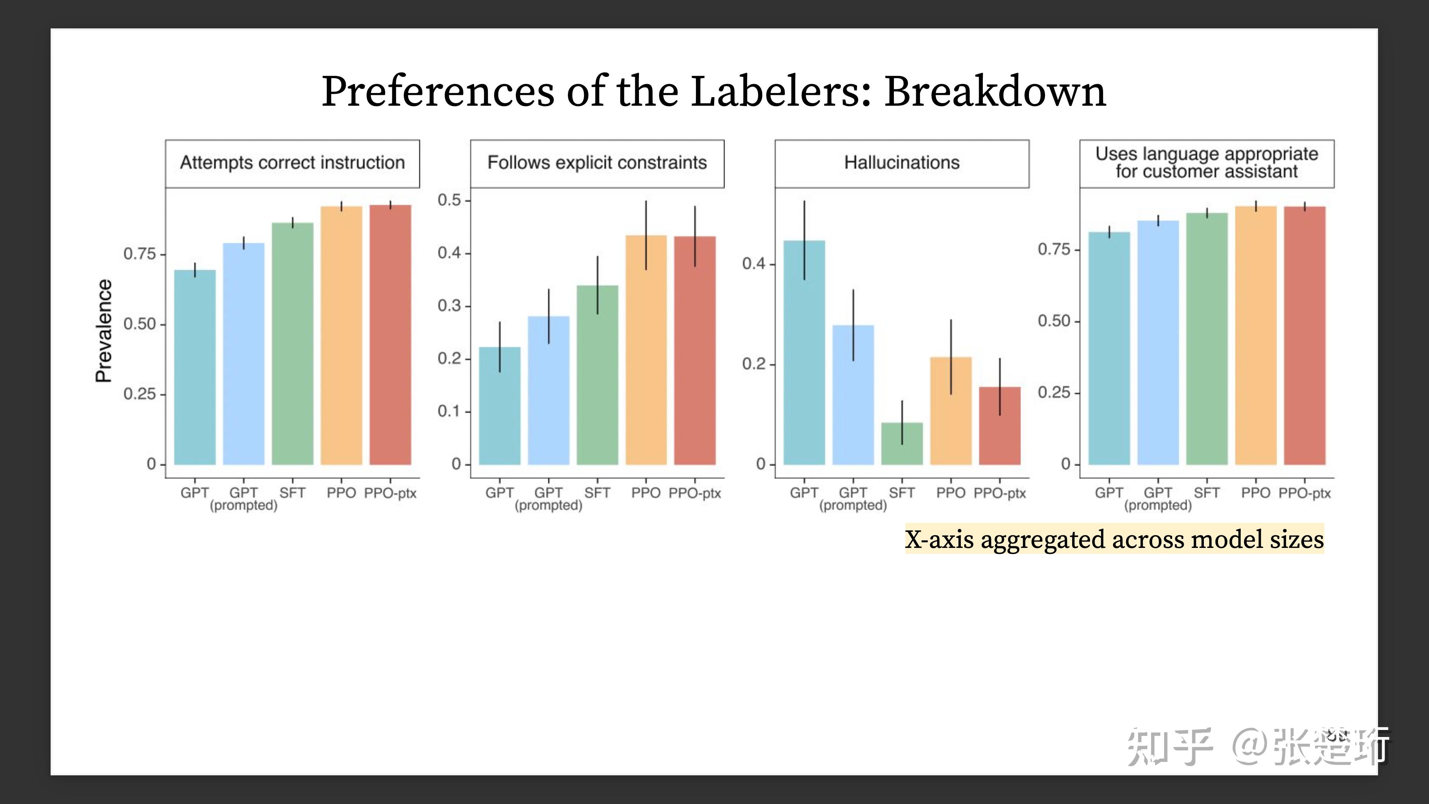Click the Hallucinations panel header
pos(901,163)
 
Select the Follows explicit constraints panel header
pos(597,163)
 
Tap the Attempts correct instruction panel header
pos(292,163)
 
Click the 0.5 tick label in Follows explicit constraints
pos(449,200)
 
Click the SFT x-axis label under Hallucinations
pos(901,493)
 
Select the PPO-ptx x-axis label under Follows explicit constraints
pos(694,493)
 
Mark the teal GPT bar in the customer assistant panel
pos(1109,350)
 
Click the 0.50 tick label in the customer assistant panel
pos(1054,321)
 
